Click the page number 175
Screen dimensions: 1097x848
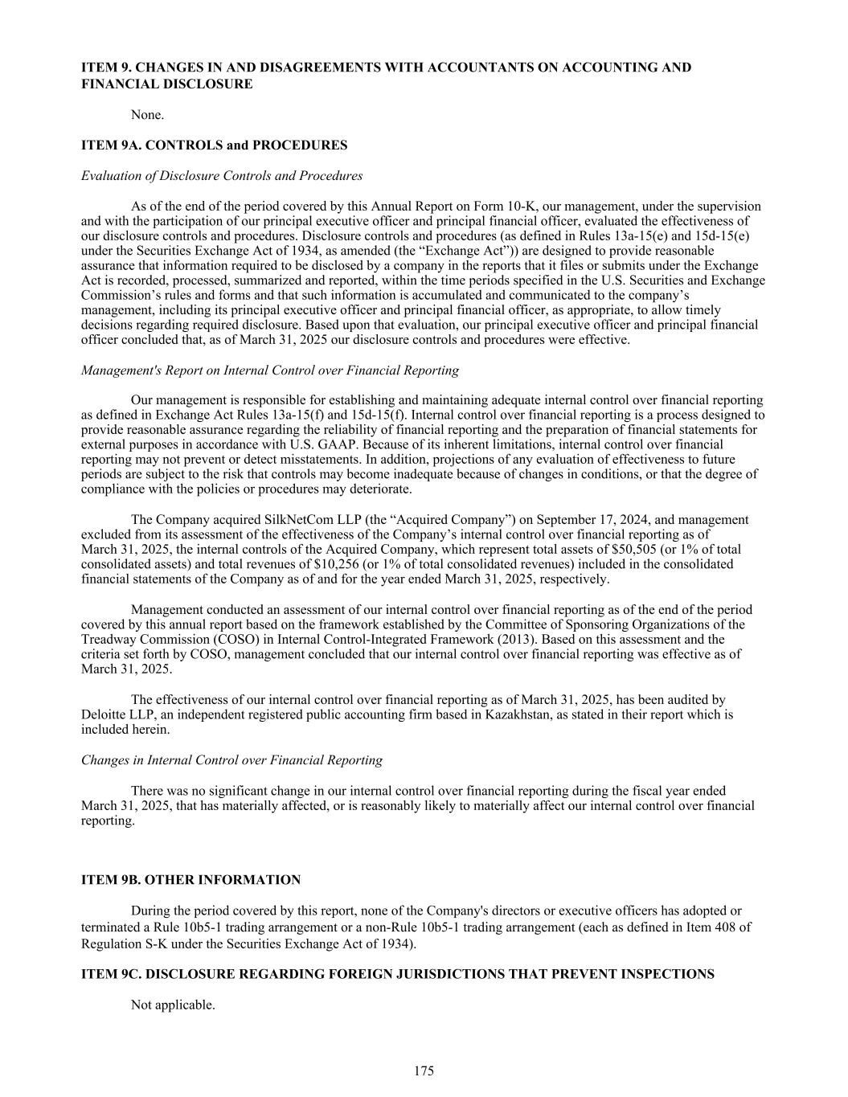click(x=424, y=1070)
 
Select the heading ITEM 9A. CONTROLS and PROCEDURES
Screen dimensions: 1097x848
click(x=214, y=145)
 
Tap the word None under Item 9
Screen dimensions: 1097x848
click(x=147, y=115)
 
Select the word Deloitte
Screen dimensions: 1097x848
click(x=104, y=714)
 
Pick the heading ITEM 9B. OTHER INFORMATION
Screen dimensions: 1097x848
click(x=190, y=880)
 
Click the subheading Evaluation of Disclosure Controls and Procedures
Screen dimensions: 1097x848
click(x=222, y=176)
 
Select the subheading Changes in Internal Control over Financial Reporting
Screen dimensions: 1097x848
click(x=231, y=760)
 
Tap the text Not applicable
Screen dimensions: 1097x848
click(x=173, y=1005)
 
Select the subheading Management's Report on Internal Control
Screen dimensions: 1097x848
click(x=270, y=370)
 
